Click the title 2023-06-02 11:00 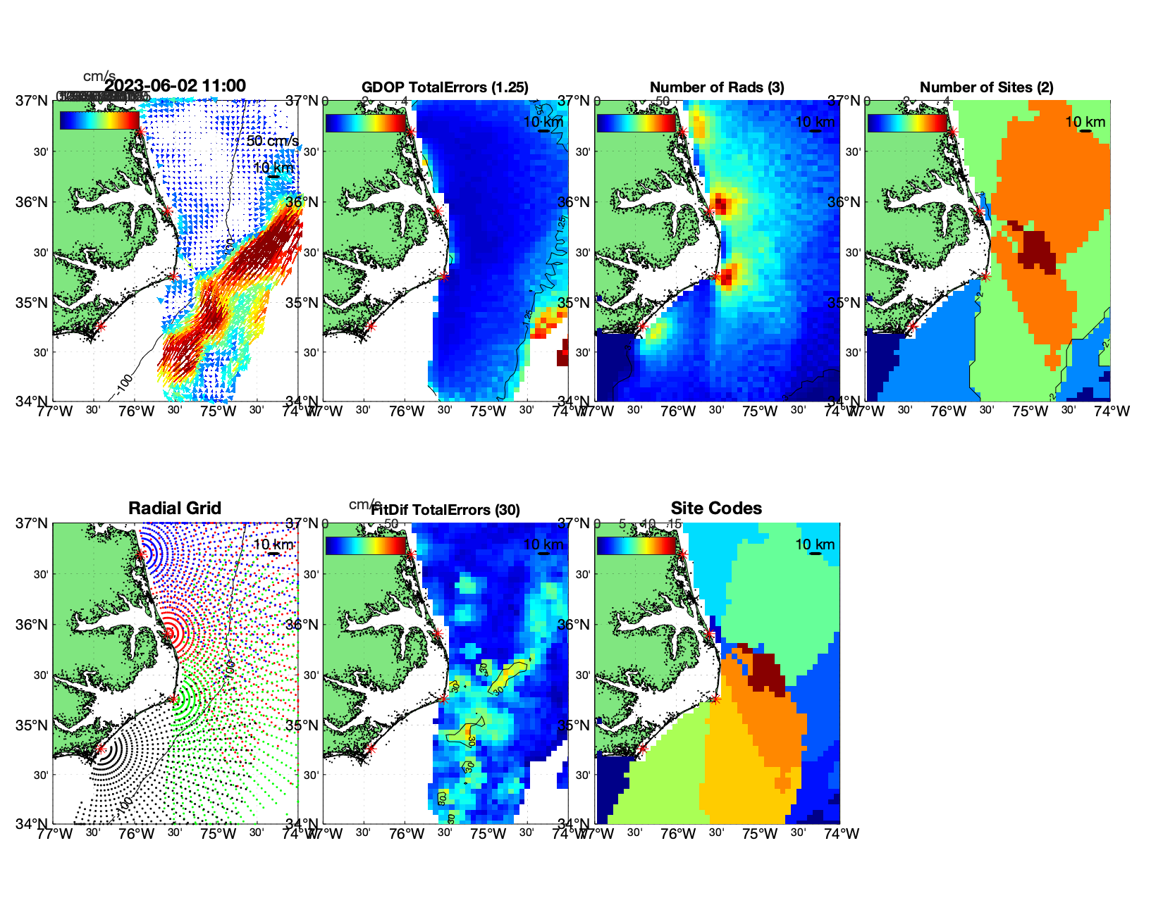click(175, 86)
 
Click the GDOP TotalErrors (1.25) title click(445, 87)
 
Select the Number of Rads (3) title click(717, 87)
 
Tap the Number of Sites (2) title click(986, 87)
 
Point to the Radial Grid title click(175, 509)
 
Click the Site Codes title click(716, 509)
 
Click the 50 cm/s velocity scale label click(272, 141)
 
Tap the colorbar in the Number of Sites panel click(907, 122)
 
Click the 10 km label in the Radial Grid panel click(273, 544)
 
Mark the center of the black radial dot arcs click(99, 749)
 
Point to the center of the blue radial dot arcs click(141, 554)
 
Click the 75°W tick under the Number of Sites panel click(1030, 411)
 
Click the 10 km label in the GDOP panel click(543, 122)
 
